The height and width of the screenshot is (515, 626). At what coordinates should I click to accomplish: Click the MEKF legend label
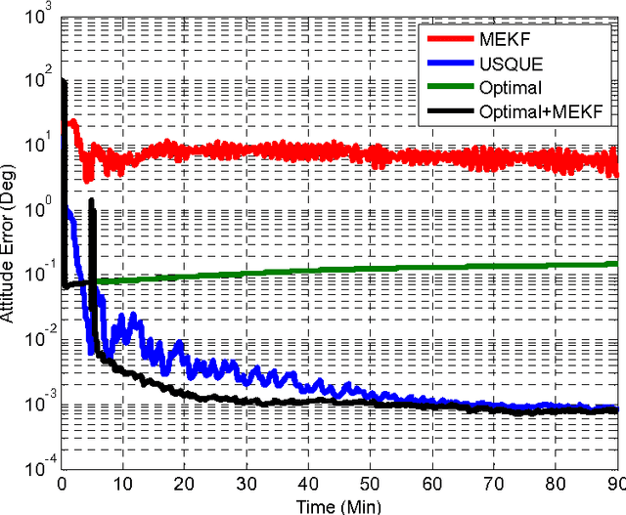pyautogui.click(x=501, y=38)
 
